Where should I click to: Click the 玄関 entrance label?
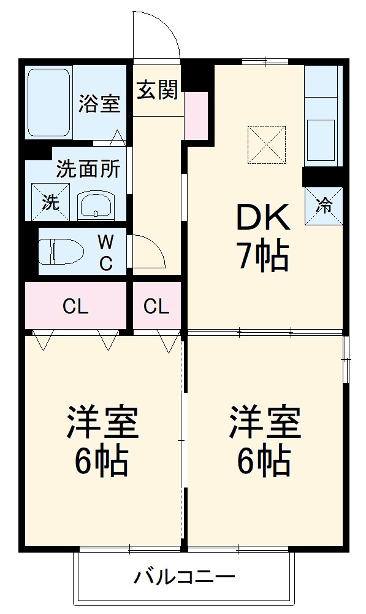tap(158, 90)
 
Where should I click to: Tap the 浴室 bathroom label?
tap(98, 104)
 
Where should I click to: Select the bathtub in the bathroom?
tap(48, 103)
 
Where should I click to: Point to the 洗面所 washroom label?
tap(88, 169)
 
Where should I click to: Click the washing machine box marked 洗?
tap(50, 202)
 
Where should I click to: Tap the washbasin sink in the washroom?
tap(96, 204)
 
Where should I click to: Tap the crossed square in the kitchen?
tap(267, 145)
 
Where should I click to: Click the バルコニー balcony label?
tap(184, 577)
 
